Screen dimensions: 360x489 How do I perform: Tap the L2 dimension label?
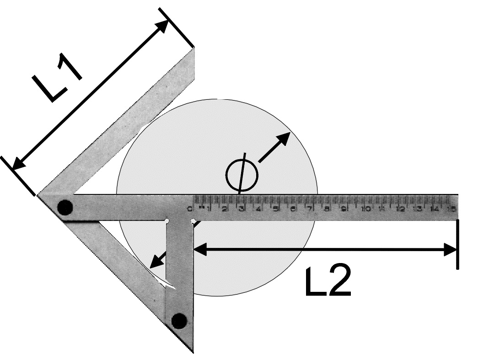[x=328, y=279]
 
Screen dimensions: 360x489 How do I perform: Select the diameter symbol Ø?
[x=242, y=173]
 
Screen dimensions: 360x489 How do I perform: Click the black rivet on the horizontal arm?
[x=65, y=208]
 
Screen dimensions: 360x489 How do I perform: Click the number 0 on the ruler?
[x=190, y=209]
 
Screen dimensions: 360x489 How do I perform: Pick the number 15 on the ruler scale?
[x=451, y=209]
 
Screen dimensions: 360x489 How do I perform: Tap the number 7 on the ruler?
[x=310, y=209]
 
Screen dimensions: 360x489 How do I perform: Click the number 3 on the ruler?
[x=242, y=209]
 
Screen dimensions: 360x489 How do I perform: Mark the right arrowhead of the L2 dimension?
[x=451, y=249]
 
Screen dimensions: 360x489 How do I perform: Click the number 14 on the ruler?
[x=434, y=209]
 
